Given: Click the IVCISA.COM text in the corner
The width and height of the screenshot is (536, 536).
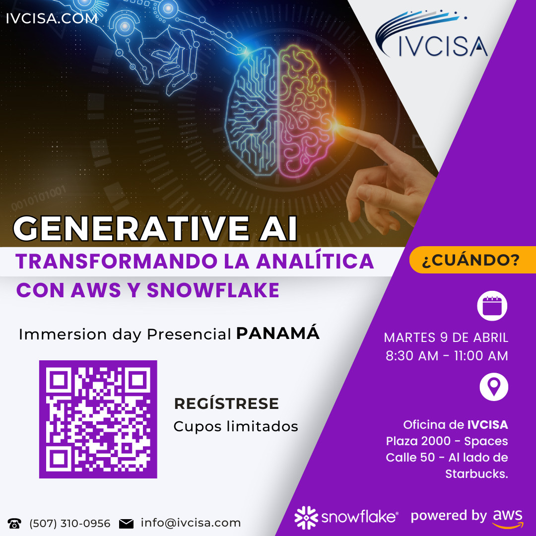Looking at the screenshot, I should pos(52,19).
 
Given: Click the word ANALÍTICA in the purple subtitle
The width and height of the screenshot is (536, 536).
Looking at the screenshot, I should pos(315,261).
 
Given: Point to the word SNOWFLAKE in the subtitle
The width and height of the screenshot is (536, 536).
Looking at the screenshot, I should pos(213,290).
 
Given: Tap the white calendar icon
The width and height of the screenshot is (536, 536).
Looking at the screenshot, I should pos(492,306).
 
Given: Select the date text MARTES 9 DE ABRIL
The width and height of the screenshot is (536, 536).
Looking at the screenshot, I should pos(446,337).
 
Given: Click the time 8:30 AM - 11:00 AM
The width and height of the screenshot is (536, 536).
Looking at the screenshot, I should pos(447,356).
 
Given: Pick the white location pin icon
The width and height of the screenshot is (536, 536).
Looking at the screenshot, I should pos(493,387).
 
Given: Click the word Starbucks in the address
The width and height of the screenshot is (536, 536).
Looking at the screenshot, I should pos(476,473).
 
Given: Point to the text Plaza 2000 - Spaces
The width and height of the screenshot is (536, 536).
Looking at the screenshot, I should pos(447,441).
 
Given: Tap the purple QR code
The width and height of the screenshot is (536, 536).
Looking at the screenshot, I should pos(98,419).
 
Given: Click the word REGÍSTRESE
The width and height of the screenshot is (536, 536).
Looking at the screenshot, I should pos(226,404).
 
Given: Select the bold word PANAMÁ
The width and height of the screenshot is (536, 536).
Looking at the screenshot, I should pos(277,334).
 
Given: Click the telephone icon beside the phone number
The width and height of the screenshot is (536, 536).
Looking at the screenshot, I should pos(14,524).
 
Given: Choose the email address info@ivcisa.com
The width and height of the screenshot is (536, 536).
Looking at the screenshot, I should pos(191,523).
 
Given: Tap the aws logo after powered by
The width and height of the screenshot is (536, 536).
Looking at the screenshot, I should pos(508,518).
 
